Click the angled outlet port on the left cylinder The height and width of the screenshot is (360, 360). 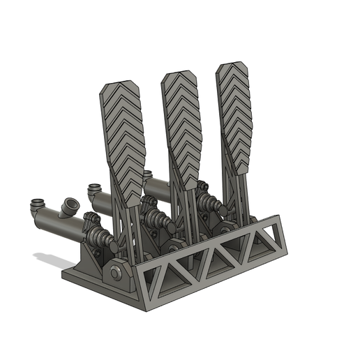click(69, 207)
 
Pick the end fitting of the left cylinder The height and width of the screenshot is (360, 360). click(36, 207)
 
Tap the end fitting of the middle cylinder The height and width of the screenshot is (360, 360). click(94, 189)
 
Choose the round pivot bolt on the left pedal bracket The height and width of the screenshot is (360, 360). click(115, 271)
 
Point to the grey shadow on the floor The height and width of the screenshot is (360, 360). click(52, 261)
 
